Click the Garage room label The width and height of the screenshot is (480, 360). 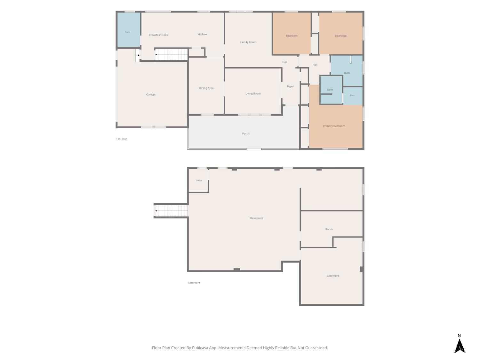[x=151, y=94]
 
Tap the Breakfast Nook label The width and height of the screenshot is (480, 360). [x=158, y=35]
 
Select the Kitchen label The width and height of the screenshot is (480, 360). [x=202, y=34]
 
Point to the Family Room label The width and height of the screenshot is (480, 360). [x=248, y=42]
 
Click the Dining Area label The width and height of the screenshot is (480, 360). [x=206, y=88]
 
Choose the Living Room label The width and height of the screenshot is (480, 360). [x=253, y=93]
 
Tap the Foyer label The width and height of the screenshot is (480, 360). [x=290, y=86]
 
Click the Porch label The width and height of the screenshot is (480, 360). [x=245, y=133]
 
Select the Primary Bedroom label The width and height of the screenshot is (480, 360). [x=334, y=126]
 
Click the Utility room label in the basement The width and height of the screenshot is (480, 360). [x=199, y=180]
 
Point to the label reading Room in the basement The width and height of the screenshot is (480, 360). [x=329, y=229]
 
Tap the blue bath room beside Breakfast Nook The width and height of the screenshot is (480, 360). [x=129, y=30]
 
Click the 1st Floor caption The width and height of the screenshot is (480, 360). [x=121, y=139]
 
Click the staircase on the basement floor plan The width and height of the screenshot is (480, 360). [x=171, y=211]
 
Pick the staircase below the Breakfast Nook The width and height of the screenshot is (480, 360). [x=171, y=54]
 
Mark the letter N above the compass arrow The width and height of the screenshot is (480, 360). [x=459, y=335]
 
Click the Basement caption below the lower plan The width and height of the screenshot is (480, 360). [x=194, y=283]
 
